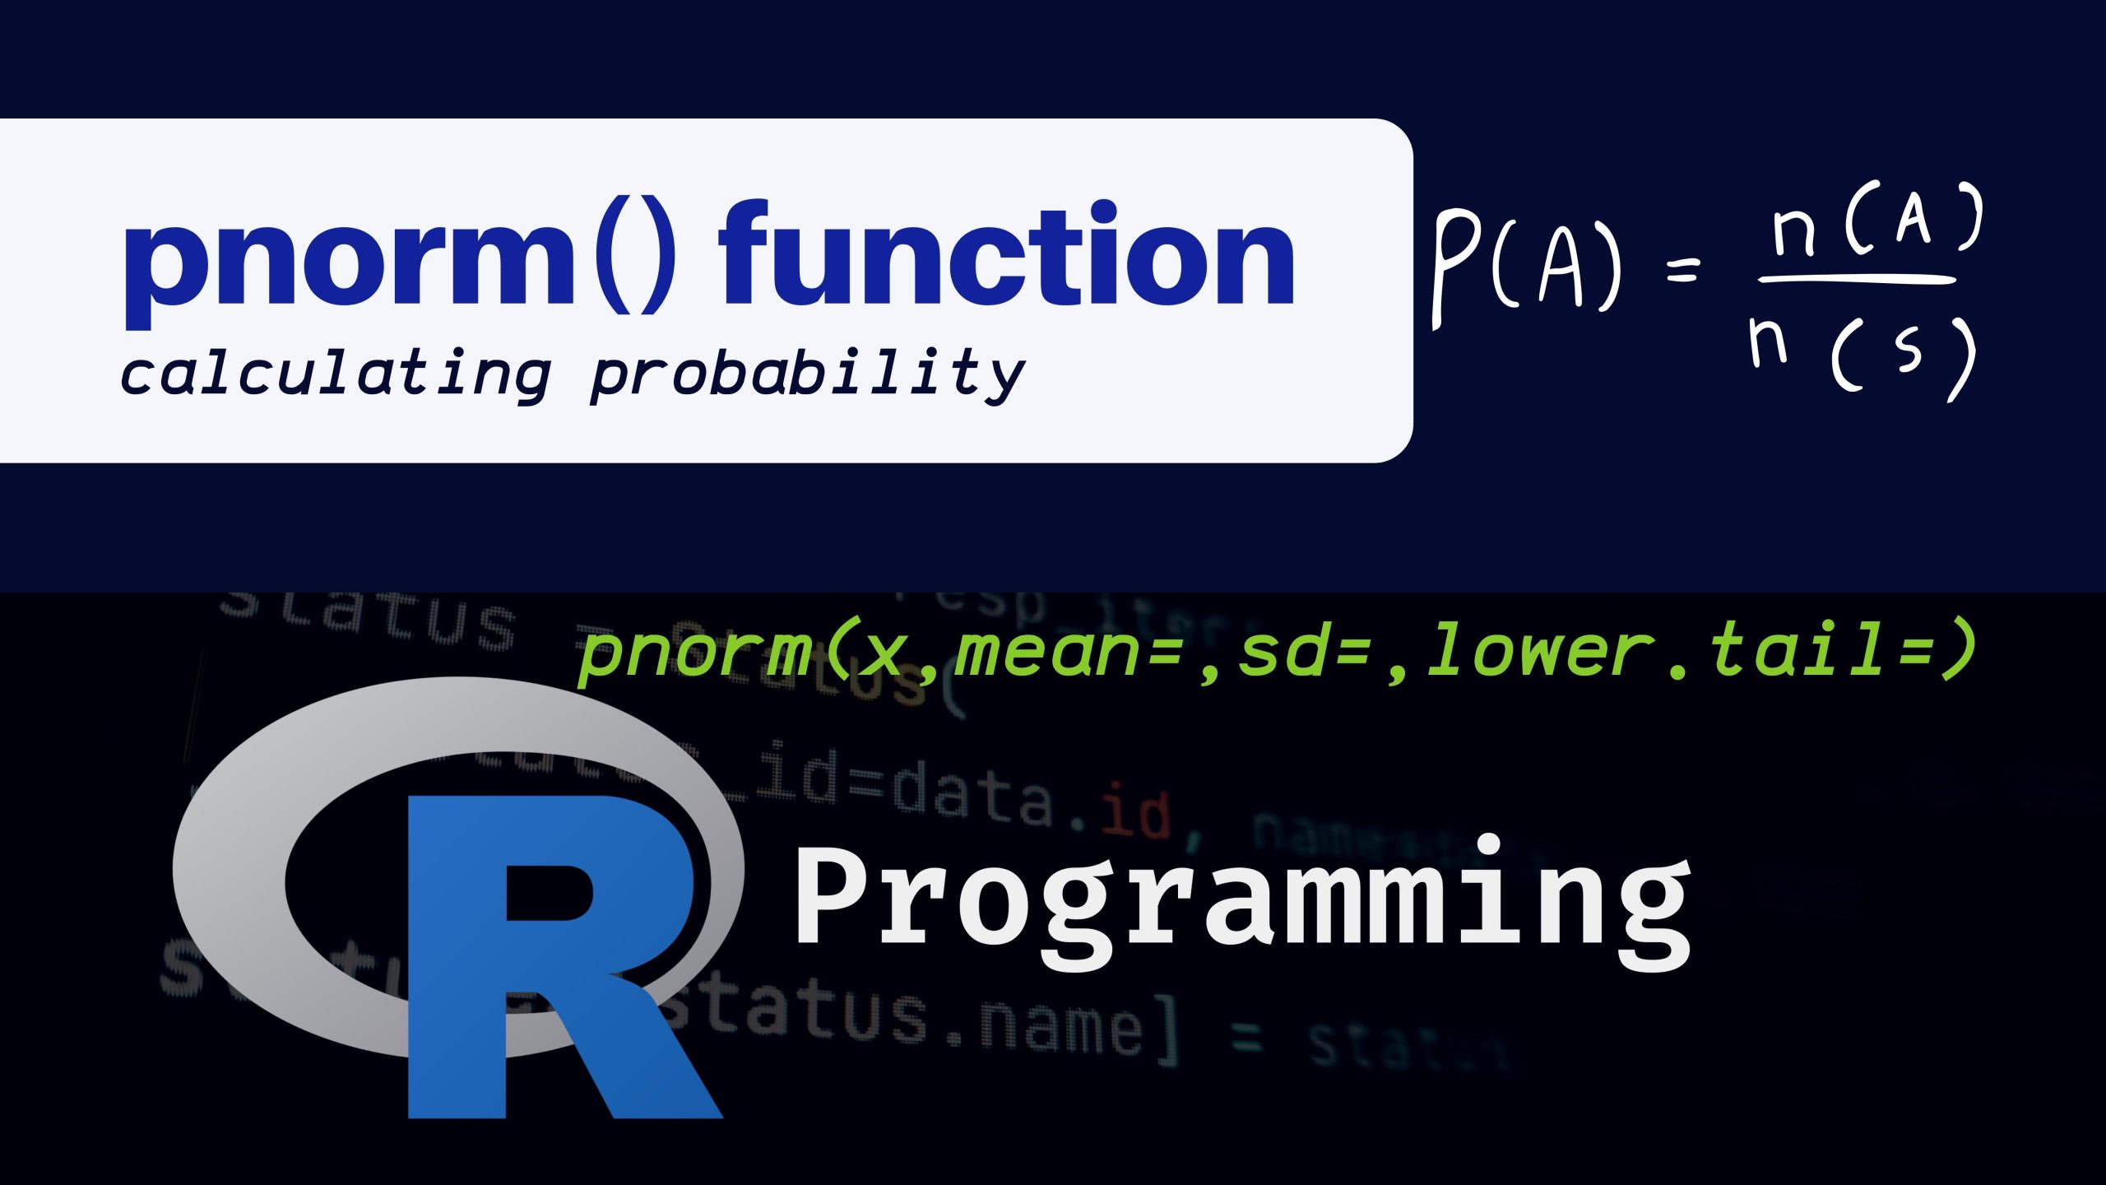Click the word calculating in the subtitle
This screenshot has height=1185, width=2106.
[x=335, y=374]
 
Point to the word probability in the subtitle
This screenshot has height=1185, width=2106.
[x=807, y=374]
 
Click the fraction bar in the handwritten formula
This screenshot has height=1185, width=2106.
[x=1856, y=281]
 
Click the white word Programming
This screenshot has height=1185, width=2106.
[x=1242, y=901]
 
